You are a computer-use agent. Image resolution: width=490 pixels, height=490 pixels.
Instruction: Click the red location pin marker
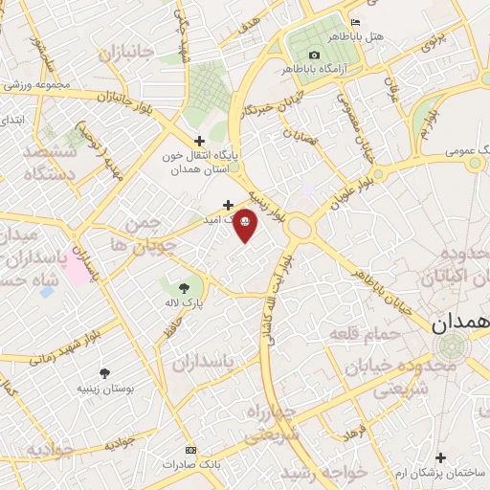point(246,223)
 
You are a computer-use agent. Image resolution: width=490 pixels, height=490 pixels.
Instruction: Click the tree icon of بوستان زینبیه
point(104,373)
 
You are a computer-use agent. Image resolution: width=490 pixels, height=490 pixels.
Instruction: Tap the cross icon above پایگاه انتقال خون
point(199,141)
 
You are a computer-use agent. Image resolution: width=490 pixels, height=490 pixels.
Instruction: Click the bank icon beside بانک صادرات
point(189,450)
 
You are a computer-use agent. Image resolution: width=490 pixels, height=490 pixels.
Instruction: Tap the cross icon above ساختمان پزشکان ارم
point(439,458)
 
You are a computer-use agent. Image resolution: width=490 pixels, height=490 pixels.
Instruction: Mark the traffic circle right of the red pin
point(300,227)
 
